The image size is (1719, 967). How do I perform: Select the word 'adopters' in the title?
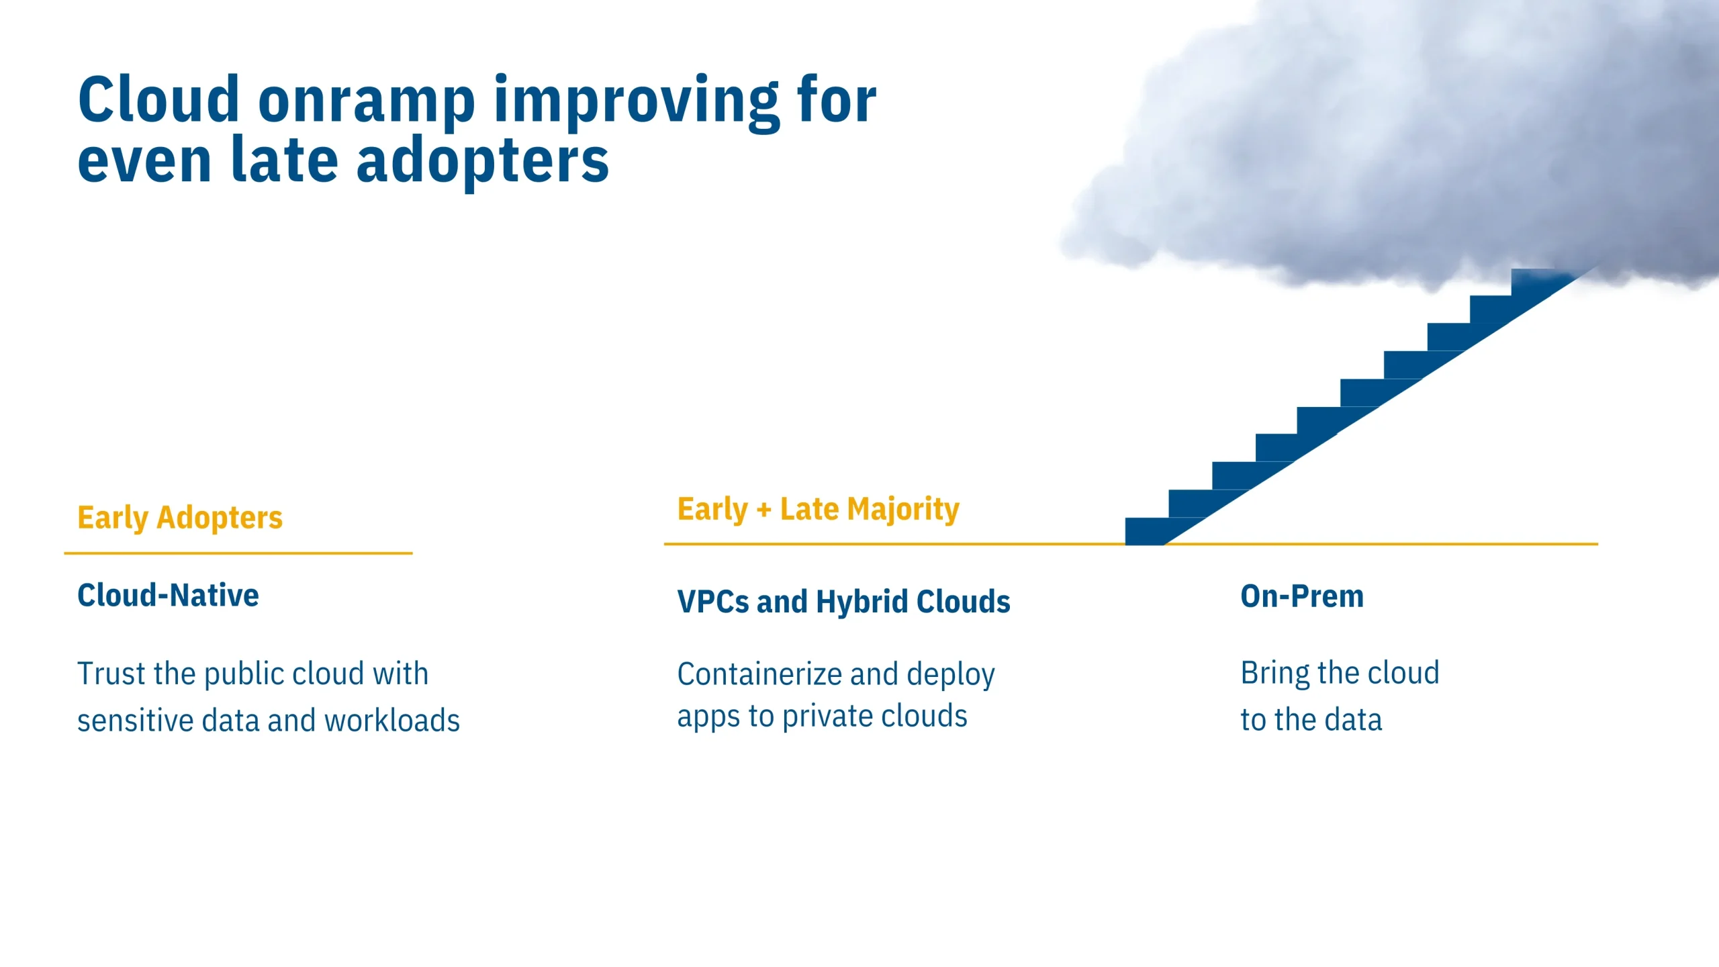click(x=482, y=162)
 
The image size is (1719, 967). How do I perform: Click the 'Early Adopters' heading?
click(x=180, y=518)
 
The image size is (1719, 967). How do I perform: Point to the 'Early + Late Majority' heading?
click(x=819, y=510)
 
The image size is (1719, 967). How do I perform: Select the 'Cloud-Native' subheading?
click(x=168, y=596)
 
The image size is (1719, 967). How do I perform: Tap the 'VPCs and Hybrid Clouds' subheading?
click(x=844, y=602)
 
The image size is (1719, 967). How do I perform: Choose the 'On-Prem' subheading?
click(x=1302, y=596)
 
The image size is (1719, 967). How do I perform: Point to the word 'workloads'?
click(x=392, y=721)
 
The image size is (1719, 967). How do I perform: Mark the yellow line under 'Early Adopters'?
click(x=238, y=553)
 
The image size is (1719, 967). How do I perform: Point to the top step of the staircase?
click(x=1544, y=282)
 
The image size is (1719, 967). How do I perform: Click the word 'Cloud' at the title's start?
click(x=158, y=101)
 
